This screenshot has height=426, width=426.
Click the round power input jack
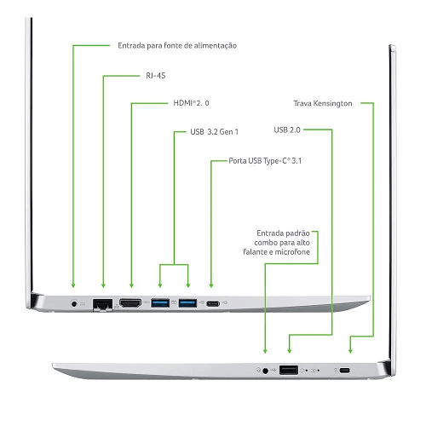[74, 304]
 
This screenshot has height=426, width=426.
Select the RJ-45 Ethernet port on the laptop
[102, 304]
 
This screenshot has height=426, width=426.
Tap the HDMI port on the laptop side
[130, 303]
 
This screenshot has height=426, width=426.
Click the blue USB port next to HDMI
[160, 303]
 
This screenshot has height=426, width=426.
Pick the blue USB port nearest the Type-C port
[187, 303]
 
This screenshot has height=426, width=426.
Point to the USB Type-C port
[213, 303]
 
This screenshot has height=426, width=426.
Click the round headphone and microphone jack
[265, 371]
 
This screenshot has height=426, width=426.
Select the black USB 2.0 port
[289, 370]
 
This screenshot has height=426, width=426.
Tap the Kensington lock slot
[345, 371]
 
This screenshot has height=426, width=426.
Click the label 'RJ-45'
[156, 76]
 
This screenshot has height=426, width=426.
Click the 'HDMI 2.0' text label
[191, 103]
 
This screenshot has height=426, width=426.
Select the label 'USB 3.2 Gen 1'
[214, 132]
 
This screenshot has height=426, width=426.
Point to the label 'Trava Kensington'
[323, 103]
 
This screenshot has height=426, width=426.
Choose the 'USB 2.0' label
[287, 130]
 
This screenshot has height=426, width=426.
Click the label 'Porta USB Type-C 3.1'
[265, 161]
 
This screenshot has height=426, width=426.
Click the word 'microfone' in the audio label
[292, 252]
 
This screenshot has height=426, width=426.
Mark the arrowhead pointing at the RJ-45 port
[103, 285]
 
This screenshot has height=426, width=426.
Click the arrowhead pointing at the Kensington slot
[350, 351]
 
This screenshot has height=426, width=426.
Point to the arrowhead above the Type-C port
[211, 285]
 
